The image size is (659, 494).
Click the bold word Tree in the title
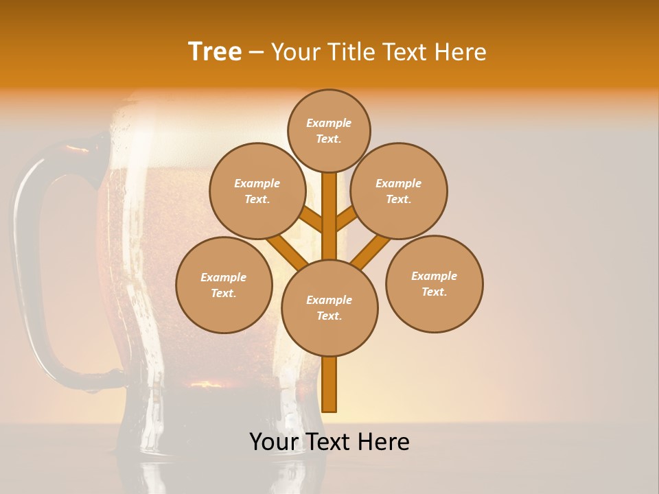point(215,52)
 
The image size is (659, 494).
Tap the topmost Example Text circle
point(329,130)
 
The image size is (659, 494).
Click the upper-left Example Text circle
point(257,191)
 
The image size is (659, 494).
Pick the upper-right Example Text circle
point(399,191)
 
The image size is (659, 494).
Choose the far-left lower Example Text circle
point(224,285)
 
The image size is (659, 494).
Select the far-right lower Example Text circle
point(435,283)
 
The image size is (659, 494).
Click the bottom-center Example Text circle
point(329,307)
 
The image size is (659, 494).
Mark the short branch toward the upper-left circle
point(312,220)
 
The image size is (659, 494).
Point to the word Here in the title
point(461,52)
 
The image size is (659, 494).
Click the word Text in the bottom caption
point(330,442)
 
